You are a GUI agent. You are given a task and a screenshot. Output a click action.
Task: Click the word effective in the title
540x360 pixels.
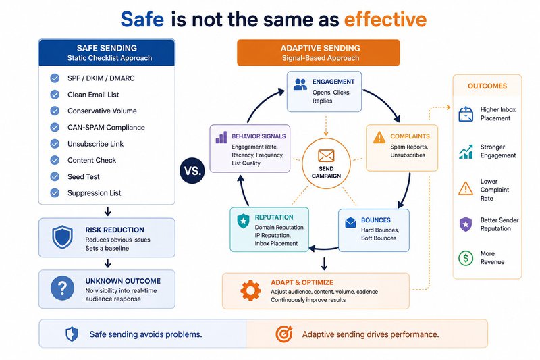[385, 19]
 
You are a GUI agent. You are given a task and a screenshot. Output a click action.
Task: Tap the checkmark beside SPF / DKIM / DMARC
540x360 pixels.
[55, 78]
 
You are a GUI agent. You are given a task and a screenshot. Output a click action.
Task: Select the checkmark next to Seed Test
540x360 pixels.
[55, 177]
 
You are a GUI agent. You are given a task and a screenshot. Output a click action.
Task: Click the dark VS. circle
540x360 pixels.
[192, 170]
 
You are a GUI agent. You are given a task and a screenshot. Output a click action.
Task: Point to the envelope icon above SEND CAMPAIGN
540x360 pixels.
[326, 156]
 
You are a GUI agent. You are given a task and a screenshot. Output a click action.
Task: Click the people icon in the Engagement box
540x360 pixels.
[300, 84]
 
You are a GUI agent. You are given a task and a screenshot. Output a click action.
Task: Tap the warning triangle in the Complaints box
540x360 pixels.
[379, 138]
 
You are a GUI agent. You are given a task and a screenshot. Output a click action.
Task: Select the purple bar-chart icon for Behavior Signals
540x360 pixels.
[221, 137]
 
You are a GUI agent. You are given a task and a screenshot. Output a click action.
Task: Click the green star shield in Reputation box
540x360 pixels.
[243, 221]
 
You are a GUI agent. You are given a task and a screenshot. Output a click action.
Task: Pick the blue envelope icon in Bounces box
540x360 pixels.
[350, 222]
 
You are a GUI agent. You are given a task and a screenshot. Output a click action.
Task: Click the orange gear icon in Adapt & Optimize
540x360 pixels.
[250, 290]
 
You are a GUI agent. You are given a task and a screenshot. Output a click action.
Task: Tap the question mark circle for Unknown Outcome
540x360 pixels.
[62, 288]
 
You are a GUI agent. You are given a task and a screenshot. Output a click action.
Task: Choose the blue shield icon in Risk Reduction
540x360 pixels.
[62, 237]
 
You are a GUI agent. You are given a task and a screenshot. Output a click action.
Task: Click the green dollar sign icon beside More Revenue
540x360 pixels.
[466, 258]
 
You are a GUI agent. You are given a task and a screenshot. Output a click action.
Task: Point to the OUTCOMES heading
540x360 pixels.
[487, 86]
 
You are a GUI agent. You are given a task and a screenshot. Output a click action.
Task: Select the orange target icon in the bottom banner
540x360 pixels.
[284, 334]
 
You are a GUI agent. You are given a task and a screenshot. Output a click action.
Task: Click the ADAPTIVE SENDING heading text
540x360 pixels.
[320, 48]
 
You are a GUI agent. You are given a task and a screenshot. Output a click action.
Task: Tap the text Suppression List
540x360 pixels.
[94, 193]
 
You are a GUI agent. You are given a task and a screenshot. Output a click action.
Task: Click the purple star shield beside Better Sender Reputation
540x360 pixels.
[466, 224]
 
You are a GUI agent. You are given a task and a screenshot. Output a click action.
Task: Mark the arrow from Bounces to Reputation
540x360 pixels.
[324, 248]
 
